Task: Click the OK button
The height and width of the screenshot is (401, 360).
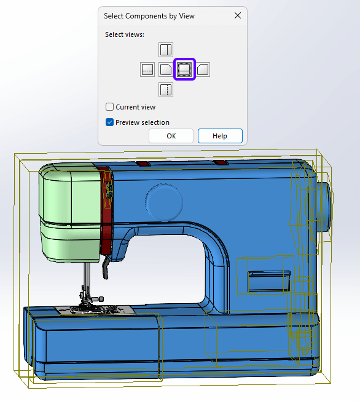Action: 171,136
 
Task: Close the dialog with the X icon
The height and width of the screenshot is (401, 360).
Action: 238,15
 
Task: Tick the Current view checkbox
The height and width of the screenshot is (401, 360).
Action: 109,107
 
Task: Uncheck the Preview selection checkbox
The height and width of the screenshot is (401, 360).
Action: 109,122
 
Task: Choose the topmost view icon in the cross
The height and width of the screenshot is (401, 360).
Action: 166,50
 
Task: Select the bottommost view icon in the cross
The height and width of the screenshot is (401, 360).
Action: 166,90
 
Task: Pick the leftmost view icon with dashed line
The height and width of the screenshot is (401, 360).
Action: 147,69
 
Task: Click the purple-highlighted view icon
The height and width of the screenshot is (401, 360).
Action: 184,69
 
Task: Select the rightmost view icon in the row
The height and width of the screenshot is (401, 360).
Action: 203,69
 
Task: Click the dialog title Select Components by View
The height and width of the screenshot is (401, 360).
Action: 149,16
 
